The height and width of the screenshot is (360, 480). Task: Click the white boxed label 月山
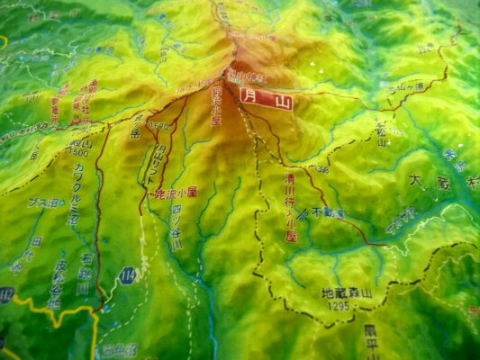click(x=267, y=103)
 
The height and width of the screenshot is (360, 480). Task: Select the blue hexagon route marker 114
click(x=129, y=275)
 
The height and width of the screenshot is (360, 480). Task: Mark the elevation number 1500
click(x=80, y=154)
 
